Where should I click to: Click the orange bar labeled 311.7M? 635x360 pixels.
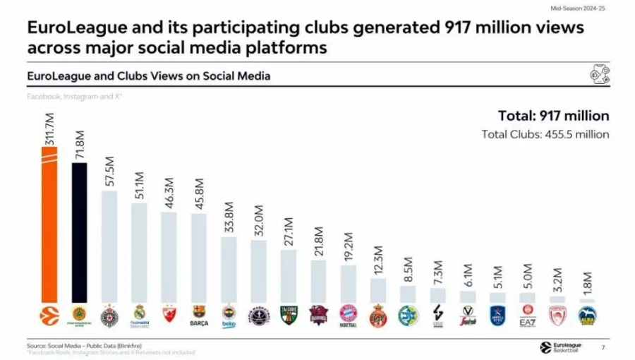pos(49,233)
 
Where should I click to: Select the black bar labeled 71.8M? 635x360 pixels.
pos(79,233)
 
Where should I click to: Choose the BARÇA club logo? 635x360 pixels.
pos(198,316)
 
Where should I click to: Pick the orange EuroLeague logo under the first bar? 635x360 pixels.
pos(49,315)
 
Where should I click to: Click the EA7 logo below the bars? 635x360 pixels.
pos(527,315)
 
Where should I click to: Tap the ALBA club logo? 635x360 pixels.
pos(587,316)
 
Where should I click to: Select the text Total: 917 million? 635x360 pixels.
pos(553,116)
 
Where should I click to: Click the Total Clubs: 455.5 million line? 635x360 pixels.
pos(545,134)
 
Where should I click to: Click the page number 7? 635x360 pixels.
pos(603,347)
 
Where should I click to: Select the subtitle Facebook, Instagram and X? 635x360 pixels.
pos(75,95)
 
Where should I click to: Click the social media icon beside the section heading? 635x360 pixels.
pos(599,75)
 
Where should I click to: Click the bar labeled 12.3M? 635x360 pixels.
pos(378,290)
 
